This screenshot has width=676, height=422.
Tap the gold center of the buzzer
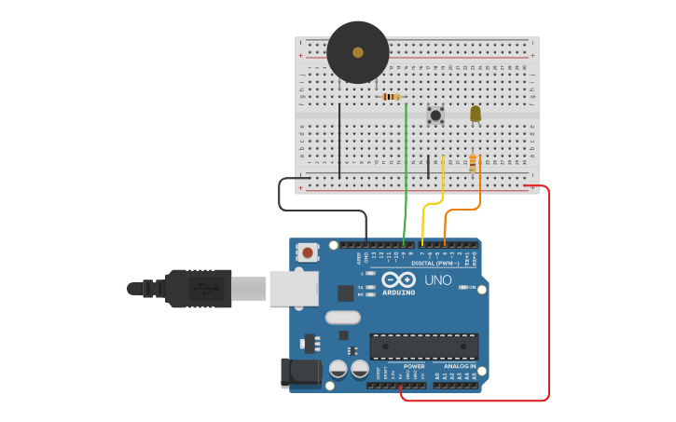358,52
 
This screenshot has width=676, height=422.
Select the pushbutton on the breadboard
435,115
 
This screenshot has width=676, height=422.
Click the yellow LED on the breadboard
476,114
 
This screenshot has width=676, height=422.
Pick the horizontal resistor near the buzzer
392,96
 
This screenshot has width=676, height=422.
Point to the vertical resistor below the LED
474,162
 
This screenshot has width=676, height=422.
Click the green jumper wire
406,177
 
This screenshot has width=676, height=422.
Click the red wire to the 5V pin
548,298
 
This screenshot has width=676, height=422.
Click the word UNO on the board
437,280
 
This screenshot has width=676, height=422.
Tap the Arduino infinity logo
398,280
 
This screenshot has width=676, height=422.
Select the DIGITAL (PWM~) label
435,263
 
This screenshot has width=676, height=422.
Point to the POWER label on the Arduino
414,366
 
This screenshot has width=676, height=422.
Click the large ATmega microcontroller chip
424,347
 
